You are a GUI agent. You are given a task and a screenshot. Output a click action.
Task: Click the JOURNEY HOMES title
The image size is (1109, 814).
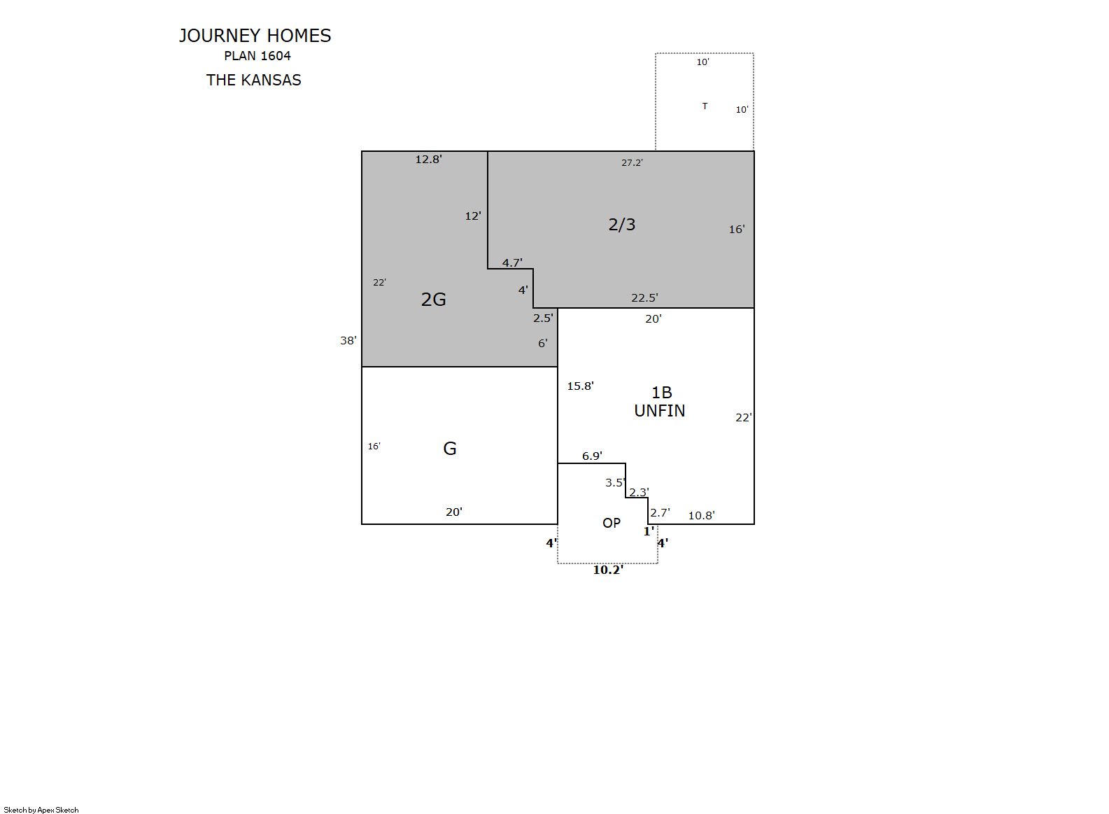pos(255,36)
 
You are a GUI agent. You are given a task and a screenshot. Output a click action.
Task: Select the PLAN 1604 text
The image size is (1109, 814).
pos(257,56)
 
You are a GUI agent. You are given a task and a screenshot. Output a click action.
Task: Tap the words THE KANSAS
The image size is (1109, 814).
pos(253,80)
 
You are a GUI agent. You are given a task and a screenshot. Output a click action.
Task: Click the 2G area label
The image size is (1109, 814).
pos(433,300)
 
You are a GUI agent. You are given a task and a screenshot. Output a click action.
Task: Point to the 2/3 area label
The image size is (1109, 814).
pos(622,225)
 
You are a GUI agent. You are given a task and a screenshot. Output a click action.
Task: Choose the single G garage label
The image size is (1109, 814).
pos(449,449)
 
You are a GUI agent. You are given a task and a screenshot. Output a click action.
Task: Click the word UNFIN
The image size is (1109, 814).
pos(660,411)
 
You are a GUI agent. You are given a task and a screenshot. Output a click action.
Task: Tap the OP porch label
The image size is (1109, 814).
pos(612,523)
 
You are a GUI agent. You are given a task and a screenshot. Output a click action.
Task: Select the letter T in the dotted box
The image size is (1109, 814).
pos(705,106)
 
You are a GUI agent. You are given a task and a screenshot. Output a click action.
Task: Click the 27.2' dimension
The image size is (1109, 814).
pos(633,162)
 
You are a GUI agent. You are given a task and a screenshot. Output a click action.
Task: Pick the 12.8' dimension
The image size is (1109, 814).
pos(429,160)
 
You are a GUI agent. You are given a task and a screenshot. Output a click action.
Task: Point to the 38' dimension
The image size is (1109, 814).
pos(348,341)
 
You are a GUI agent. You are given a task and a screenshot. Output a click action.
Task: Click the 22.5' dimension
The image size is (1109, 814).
pos(644,298)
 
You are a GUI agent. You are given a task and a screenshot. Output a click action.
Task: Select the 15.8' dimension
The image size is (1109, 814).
pos(580,386)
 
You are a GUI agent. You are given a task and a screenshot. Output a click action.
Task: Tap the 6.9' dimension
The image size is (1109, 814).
pos(592,456)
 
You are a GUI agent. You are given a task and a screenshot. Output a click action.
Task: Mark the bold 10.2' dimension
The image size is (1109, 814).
pos(608,570)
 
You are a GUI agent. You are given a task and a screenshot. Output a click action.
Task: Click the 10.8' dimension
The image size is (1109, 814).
pos(702,515)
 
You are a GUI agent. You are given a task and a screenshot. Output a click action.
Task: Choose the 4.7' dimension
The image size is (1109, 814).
pos(512,263)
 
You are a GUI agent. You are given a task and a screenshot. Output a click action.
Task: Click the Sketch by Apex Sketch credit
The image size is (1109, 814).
pos(41,810)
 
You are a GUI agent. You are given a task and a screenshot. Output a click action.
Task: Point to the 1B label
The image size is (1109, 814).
pos(661,393)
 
